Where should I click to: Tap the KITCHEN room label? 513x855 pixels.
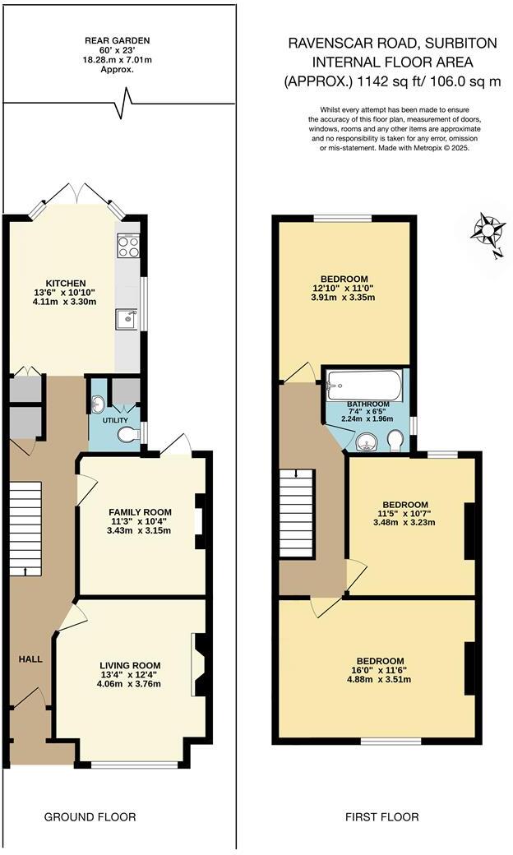tap(66, 284)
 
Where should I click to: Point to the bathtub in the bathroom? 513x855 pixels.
tap(363, 383)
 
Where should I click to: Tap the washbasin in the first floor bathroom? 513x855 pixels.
tap(367, 443)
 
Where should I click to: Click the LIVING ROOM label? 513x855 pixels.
tap(130, 665)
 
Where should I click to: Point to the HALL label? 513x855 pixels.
tap(31, 659)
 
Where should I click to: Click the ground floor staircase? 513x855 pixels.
tap(26, 529)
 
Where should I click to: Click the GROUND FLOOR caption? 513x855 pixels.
tap(90, 816)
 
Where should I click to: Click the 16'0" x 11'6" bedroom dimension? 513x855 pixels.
tap(380, 670)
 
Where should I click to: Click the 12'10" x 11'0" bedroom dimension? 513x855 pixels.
tap(345, 288)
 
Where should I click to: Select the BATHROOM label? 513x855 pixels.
tap(367, 404)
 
